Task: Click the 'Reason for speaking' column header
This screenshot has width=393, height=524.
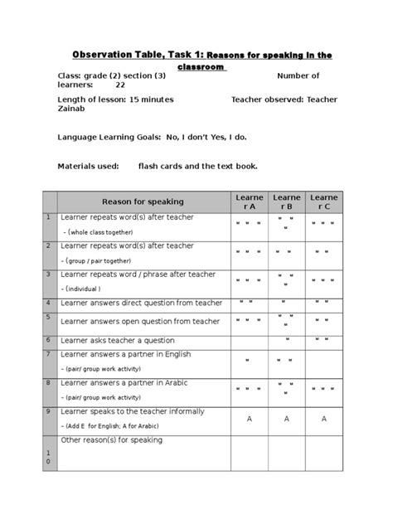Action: tap(143, 201)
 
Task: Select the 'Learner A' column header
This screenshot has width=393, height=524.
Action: tap(250, 201)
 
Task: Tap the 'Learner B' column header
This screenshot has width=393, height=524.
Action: tap(287, 201)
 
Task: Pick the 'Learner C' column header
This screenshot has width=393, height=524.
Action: tap(323, 201)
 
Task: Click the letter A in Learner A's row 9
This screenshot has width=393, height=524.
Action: tap(250, 420)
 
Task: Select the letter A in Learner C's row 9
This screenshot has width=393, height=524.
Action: tap(323, 420)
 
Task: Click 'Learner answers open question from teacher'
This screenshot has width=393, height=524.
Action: tap(141, 321)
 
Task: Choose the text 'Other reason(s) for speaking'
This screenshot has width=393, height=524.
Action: tap(112, 440)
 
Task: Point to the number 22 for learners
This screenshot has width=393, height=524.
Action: tap(120, 85)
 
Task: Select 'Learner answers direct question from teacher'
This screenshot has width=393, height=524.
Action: tap(142, 303)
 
